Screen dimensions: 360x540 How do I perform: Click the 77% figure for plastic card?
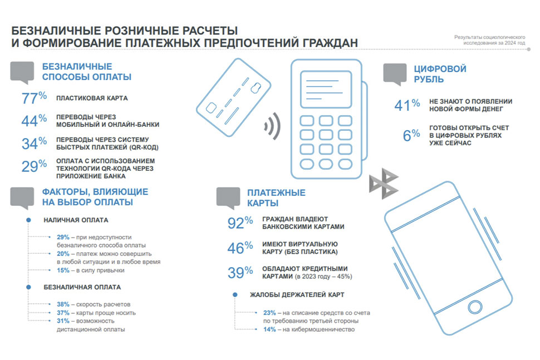pyautogui.click(x=33, y=98)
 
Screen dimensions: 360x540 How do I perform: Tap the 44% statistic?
pyautogui.click(x=33, y=121)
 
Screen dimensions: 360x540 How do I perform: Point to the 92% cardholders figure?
pyautogui.click(x=240, y=223)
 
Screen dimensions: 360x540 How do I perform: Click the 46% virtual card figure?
pyautogui.click(x=240, y=248)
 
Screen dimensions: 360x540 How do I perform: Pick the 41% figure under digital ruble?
pyautogui.click(x=407, y=105)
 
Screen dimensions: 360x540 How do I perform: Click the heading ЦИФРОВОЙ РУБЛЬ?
pyautogui.click(x=439, y=74)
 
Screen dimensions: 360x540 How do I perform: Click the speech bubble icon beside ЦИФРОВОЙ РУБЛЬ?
pyautogui.click(x=395, y=74)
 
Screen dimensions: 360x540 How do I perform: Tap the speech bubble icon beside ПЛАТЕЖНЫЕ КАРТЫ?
pyautogui.click(x=227, y=198)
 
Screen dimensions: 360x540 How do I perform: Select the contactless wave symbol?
pyautogui.click(x=271, y=126)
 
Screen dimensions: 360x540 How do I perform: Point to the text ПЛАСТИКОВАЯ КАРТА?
pyautogui.click(x=92, y=98)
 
